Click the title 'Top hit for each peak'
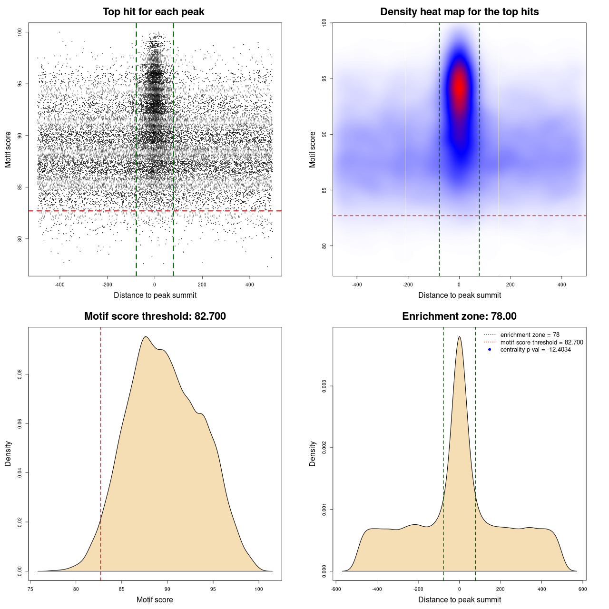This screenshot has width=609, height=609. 154,12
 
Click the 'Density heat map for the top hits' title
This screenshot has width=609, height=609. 459,12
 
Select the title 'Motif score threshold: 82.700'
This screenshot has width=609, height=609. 155,316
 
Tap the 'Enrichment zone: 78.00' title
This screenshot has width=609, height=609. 459,316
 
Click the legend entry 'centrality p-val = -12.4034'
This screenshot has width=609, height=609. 535,350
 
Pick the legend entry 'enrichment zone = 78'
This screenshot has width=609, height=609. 530,335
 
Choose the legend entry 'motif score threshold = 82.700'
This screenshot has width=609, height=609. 541,342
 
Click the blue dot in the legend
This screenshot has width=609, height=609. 490,350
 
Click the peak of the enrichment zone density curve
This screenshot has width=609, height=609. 459,337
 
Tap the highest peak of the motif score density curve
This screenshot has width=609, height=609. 146,337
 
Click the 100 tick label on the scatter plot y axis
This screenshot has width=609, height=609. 20,32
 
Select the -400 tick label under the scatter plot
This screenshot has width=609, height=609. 59,285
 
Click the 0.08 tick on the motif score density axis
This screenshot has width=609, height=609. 20,374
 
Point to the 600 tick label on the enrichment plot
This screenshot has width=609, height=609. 582,589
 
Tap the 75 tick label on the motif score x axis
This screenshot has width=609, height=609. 30,589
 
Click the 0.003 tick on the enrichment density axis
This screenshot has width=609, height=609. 324,386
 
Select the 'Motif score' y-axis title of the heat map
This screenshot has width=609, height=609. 313,149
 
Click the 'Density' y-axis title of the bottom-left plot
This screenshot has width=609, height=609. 8,453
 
